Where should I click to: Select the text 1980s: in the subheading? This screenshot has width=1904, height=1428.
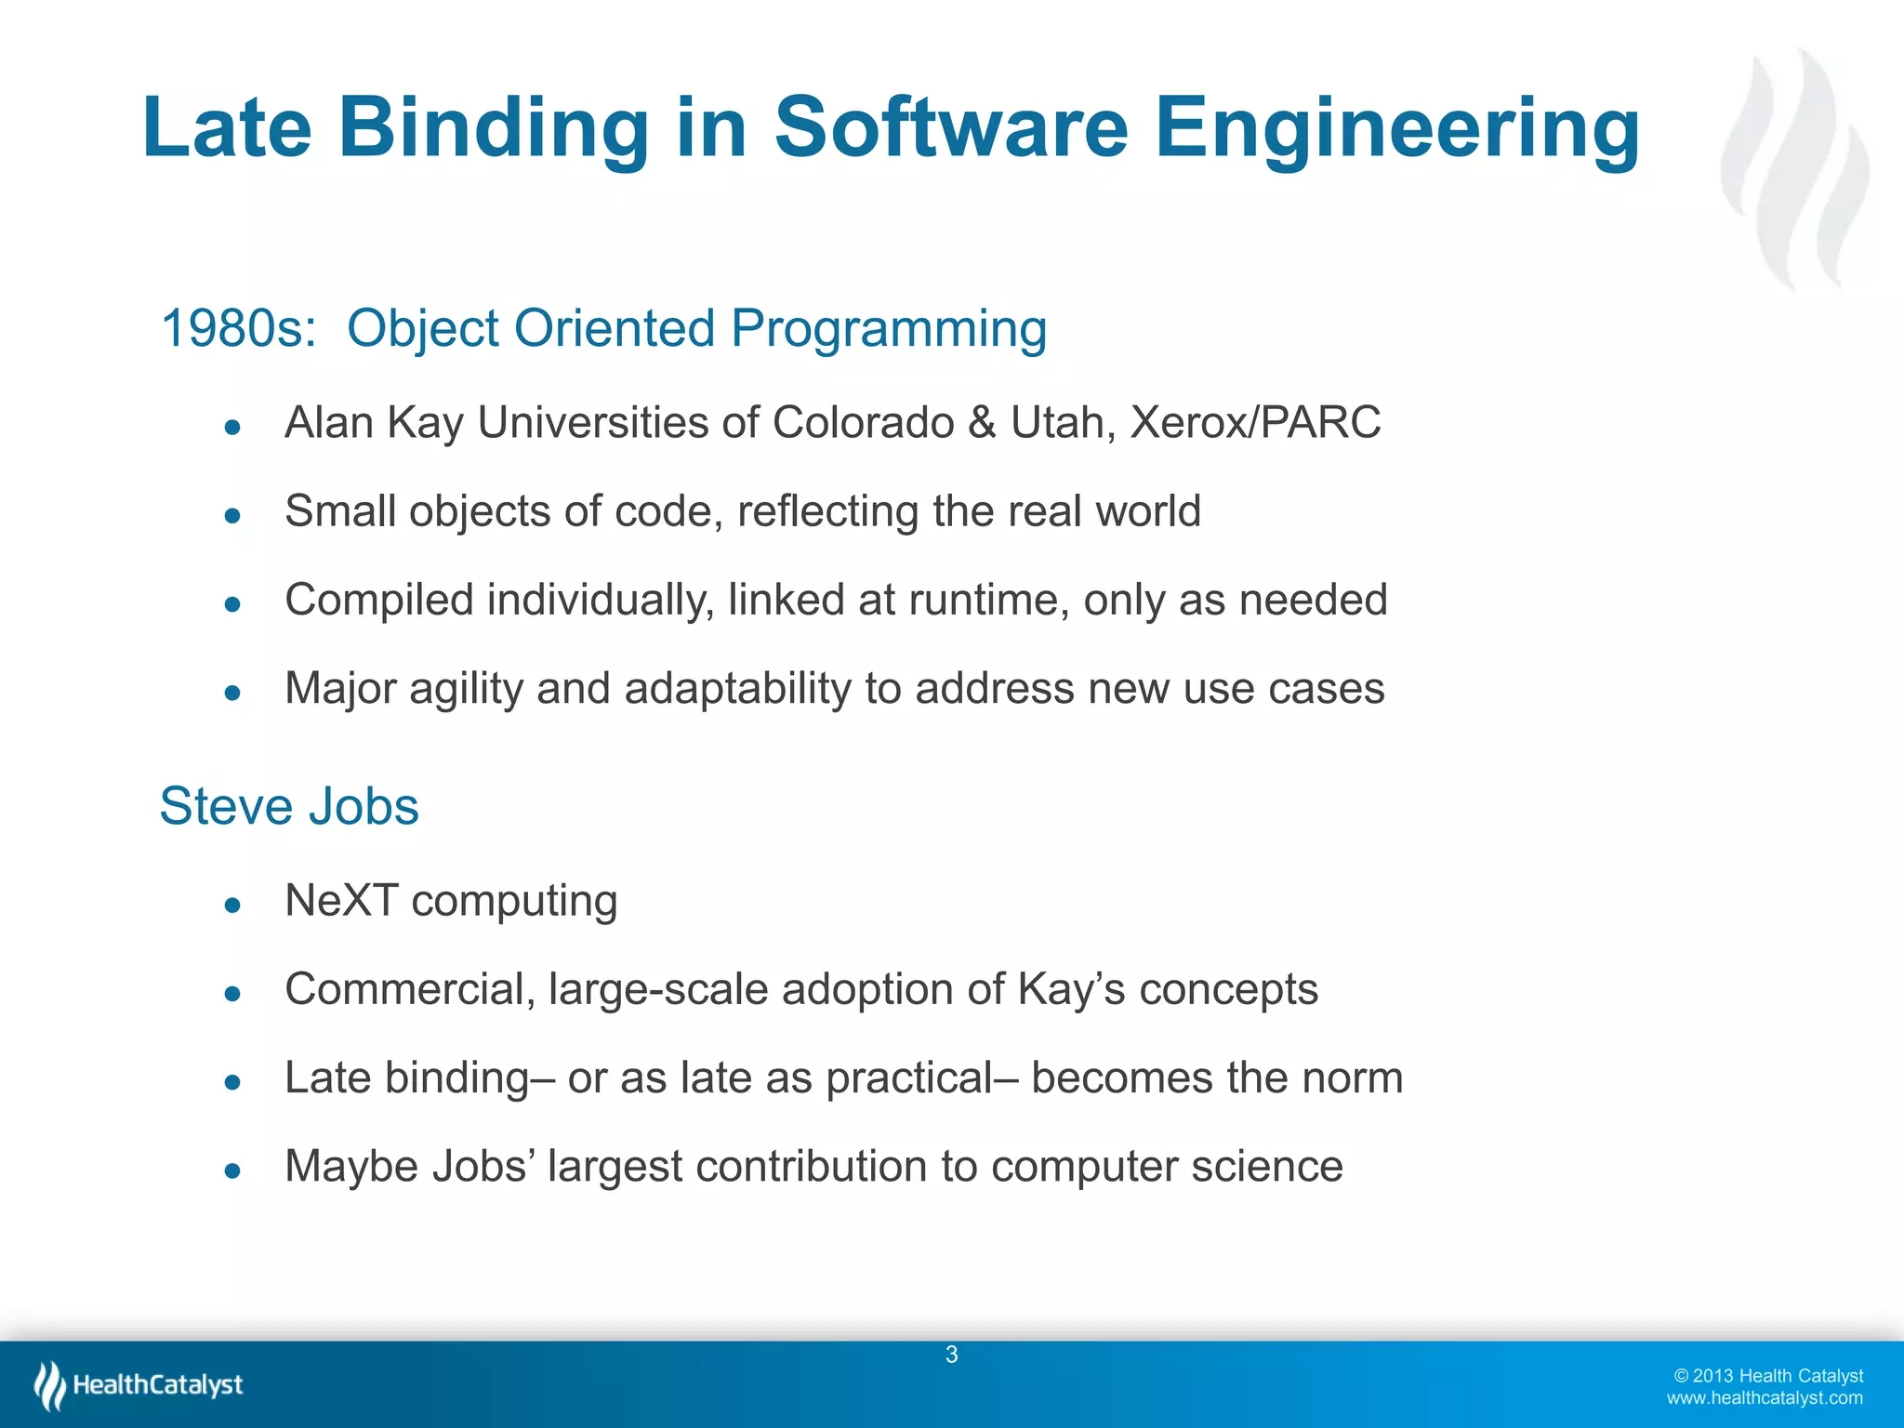coord(239,328)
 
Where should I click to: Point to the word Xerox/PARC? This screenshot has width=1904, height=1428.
coord(1254,423)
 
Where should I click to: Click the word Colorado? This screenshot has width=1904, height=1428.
coord(862,423)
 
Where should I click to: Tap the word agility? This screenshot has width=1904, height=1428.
coord(465,690)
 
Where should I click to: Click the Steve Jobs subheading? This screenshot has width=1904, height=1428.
coord(289,806)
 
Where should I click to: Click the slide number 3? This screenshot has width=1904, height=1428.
coord(951,1355)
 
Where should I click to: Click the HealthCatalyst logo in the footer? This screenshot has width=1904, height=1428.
coord(139,1385)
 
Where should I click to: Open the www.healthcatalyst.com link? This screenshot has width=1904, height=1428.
coord(1764,1398)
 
